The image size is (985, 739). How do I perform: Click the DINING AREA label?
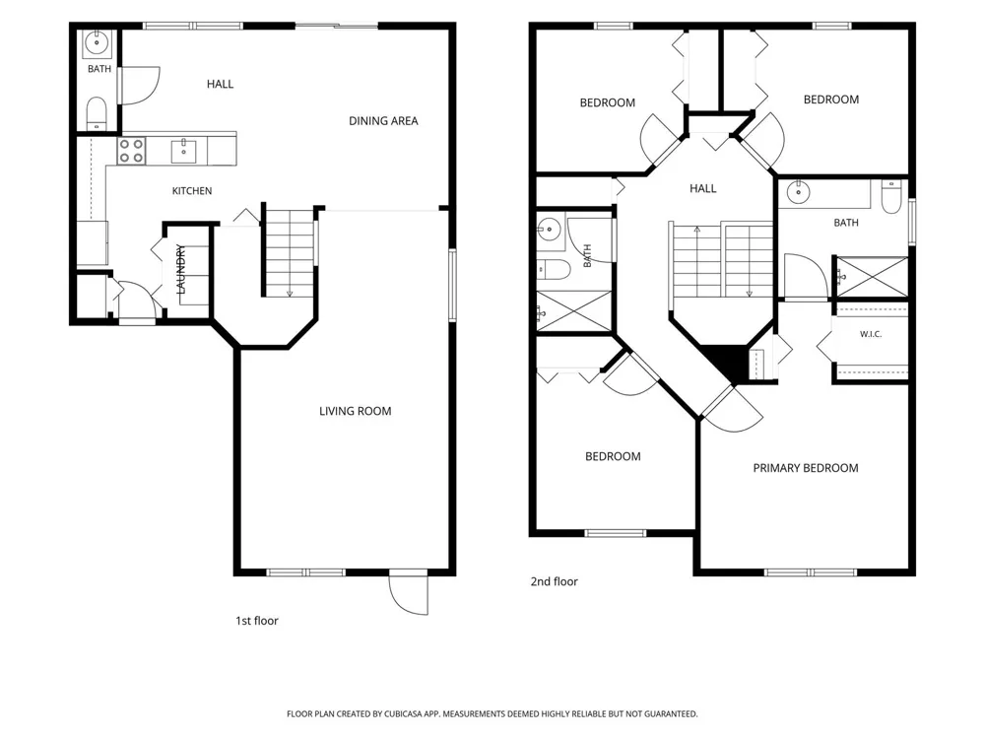coord(383,120)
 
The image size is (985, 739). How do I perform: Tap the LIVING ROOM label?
coord(355,411)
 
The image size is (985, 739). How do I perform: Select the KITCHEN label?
coord(192,191)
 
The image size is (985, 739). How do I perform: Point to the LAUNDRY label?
coord(181,269)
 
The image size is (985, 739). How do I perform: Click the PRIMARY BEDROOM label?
coord(806,468)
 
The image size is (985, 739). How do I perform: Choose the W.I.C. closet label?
coord(871,334)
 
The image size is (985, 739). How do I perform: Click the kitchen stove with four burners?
coord(131,152)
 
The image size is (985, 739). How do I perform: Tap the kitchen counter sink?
coord(183,152)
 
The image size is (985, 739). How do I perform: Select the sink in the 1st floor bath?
coord(98,42)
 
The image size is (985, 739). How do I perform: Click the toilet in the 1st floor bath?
coord(97,113)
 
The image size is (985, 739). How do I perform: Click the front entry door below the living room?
coord(409,593)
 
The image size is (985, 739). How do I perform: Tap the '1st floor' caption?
coord(256,621)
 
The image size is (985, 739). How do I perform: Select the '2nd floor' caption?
coord(554,582)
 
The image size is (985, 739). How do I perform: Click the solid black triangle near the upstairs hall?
coord(721,364)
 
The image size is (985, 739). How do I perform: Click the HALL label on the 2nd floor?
coord(703,188)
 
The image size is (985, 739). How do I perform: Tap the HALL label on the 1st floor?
coord(220,84)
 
